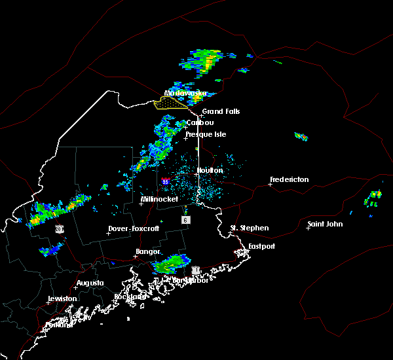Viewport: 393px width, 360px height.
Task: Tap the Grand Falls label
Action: coord(221,112)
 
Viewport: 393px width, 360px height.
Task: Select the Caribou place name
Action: coord(200,122)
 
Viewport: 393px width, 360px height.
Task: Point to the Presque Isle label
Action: coord(207,134)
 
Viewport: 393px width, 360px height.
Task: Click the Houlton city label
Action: coord(210,170)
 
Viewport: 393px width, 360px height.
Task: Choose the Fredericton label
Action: coord(290,179)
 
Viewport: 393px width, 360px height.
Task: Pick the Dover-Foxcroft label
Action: coord(134,229)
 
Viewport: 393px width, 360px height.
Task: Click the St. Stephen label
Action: coord(249,228)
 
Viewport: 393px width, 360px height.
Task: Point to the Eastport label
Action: coord(261,246)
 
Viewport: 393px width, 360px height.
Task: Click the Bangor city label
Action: coord(147,251)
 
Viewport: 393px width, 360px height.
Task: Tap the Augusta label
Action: coord(90,283)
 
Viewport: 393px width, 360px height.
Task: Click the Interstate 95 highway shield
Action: coord(165,181)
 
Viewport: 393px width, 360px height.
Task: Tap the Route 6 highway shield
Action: coord(186,221)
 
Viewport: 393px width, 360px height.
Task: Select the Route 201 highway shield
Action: coord(59,229)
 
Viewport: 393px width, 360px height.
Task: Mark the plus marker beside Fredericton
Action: coord(270,185)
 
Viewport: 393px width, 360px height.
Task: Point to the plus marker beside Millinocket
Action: coord(141,204)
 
